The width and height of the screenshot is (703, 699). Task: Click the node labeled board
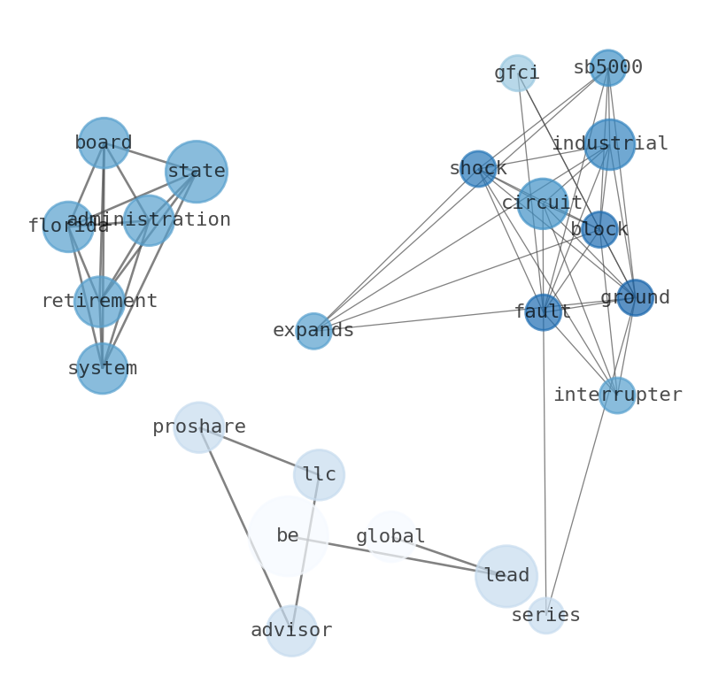click(104, 142)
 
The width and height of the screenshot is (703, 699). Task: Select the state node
click(196, 171)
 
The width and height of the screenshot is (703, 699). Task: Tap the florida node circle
click(68, 227)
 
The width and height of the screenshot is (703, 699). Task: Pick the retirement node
click(99, 302)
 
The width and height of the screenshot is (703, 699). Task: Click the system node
click(103, 368)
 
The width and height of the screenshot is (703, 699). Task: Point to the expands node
click(313, 331)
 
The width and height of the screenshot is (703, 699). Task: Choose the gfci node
click(517, 73)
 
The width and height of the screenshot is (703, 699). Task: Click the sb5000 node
click(607, 68)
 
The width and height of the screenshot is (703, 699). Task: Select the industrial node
click(609, 144)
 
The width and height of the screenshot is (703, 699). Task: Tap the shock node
click(478, 169)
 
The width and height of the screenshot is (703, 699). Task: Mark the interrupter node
click(617, 396)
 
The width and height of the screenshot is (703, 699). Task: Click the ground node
click(635, 298)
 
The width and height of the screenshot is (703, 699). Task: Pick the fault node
click(543, 312)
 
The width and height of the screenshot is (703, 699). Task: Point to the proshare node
click(198, 427)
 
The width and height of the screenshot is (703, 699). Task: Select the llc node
click(319, 475)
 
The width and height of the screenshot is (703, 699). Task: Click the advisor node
click(291, 631)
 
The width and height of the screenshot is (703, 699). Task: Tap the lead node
click(506, 576)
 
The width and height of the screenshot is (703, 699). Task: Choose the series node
click(546, 616)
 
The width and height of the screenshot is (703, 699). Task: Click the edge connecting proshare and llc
click(259, 451)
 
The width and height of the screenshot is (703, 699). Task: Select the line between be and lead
click(398, 556)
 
